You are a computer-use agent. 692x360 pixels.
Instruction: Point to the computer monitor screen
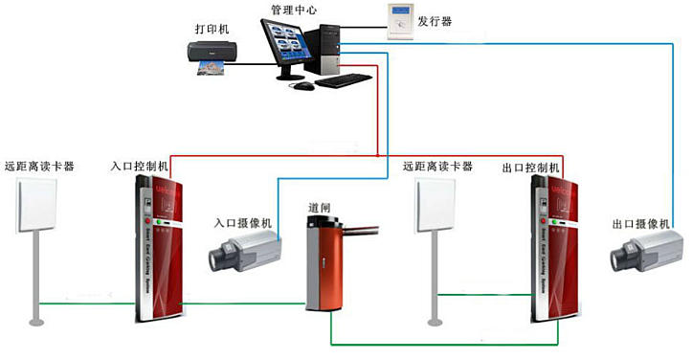[x=289, y=47]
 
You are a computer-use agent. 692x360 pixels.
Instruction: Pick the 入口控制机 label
[x=140, y=167]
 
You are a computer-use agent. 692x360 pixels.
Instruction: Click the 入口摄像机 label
[x=242, y=223]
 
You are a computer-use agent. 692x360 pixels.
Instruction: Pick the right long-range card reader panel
[x=439, y=205]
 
